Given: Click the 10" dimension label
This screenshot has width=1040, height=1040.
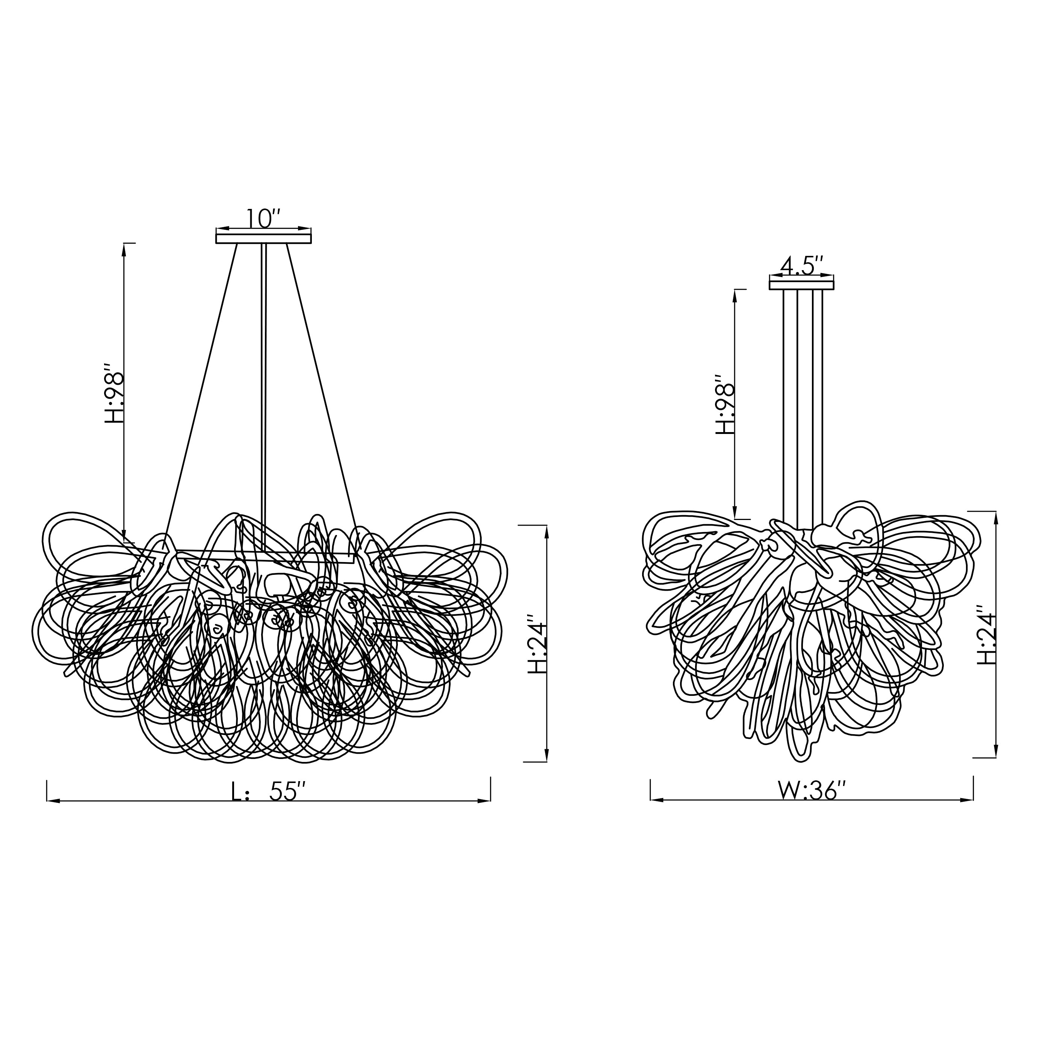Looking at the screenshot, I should pyautogui.click(x=263, y=219).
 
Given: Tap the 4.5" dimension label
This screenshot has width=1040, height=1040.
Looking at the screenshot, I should pyautogui.click(x=802, y=266).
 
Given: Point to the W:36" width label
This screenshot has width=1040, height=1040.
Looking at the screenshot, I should pyautogui.click(x=812, y=791).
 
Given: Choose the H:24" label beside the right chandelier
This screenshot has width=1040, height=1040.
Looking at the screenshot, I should pyautogui.click(x=987, y=635).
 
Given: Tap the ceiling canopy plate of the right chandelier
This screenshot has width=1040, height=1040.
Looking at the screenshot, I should pyautogui.click(x=801, y=285).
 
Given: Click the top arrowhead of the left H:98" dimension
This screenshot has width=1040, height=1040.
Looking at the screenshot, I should pyautogui.click(x=124, y=249).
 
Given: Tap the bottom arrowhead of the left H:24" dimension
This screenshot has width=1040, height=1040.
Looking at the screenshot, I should pyautogui.click(x=547, y=755).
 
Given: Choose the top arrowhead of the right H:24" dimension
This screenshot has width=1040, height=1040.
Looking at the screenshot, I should pyautogui.click(x=995, y=517).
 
